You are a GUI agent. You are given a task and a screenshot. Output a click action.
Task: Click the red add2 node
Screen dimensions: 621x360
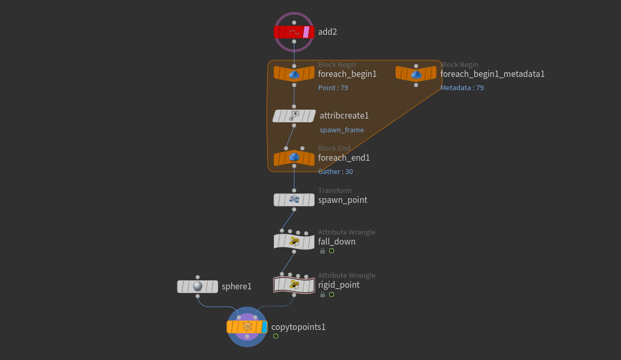pyautogui.click(x=294, y=32)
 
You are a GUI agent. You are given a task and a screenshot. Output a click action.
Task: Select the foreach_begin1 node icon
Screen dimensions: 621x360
pyautogui.click(x=294, y=74)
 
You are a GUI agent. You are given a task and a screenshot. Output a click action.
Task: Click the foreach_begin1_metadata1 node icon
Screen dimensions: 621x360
pyautogui.click(x=416, y=74)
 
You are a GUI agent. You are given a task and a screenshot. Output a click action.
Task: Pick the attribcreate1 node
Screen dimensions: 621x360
pyautogui.click(x=294, y=116)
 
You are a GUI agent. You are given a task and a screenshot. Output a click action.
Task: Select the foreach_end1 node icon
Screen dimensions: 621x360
pyautogui.click(x=294, y=158)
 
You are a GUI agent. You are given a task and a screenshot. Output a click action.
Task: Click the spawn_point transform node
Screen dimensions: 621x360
pyautogui.click(x=294, y=200)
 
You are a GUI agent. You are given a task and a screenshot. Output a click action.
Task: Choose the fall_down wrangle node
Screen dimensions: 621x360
pyautogui.click(x=294, y=241)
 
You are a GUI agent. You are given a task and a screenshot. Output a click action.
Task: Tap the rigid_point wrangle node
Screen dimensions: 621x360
pyautogui.click(x=294, y=285)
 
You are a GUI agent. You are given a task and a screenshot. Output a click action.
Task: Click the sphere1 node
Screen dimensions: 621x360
pyautogui.click(x=197, y=286)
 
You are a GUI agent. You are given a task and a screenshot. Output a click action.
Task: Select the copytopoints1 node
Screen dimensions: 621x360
pyautogui.click(x=247, y=327)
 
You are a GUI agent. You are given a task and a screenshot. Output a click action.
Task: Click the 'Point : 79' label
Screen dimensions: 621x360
pyautogui.click(x=333, y=87)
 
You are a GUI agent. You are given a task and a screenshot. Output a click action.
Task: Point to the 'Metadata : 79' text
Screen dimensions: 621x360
pyautogui.click(x=462, y=87)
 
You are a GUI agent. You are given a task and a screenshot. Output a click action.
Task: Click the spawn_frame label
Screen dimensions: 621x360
pyautogui.click(x=341, y=130)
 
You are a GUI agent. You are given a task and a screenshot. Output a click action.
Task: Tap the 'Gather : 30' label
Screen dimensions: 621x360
pyautogui.click(x=336, y=172)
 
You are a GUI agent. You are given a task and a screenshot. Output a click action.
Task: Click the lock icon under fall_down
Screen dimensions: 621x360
pyautogui.click(x=322, y=251)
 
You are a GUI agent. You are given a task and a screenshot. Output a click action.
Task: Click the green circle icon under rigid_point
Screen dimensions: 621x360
pyautogui.click(x=331, y=295)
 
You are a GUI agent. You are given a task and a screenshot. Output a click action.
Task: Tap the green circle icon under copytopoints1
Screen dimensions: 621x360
pyautogui.click(x=275, y=336)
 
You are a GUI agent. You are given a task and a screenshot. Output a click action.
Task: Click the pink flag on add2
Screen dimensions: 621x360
pyautogui.click(x=305, y=32)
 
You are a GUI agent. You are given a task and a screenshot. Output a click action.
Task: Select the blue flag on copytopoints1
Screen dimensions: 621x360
pyautogui.click(x=264, y=327)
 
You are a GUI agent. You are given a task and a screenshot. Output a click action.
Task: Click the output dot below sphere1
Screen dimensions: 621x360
pyautogui.click(x=198, y=296)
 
